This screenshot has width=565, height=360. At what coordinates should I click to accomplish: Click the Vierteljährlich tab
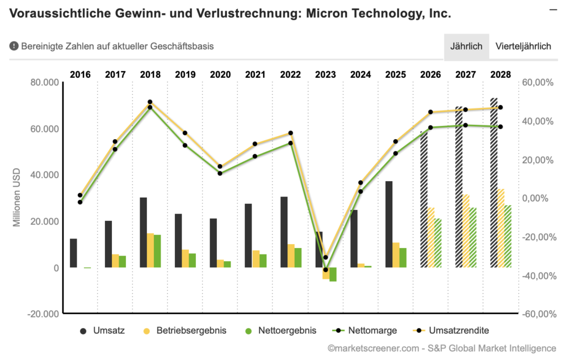click(x=523, y=46)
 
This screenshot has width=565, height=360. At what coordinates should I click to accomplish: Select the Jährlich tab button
click(x=466, y=46)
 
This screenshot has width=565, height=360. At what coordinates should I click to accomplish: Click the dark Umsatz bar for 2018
click(x=143, y=232)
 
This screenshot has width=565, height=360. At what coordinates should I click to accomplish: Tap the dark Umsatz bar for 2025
click(x=389, y=224)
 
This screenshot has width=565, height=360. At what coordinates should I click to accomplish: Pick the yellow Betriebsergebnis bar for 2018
click(x=150, y=250)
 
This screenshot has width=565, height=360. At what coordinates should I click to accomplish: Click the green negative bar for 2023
click(x=333, y=274)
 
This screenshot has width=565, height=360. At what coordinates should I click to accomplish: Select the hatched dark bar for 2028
click(x=494, y=182)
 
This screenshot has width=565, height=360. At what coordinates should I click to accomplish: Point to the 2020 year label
click(x=221, y=75)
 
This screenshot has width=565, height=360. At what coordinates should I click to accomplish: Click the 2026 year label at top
click(x=431, y=75)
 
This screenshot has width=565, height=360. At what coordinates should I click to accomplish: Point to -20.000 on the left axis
click(x=42, y=314)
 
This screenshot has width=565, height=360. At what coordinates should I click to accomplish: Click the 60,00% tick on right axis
click(x=537, y=83)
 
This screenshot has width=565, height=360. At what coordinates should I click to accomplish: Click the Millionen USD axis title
click(x=17, y=198)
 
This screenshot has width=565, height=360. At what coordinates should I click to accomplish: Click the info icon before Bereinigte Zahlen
click(x=14, y=46)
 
